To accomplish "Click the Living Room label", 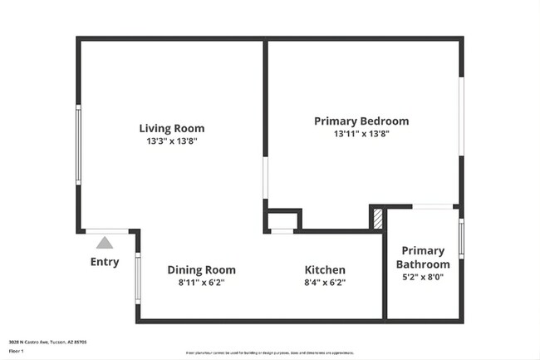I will click(x=171, y=128).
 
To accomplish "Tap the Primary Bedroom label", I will click(x=361, y=121).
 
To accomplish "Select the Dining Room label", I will click(x=201, y=270).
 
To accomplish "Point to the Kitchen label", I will click(x=325, y=270).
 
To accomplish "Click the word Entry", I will click(x=105, y=262).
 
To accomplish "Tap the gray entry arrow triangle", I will click(x=104, y=243).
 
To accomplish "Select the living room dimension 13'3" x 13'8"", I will click(x=171, y=141).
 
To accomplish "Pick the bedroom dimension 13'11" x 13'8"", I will click(x=361, y=133).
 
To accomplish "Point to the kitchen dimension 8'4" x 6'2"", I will click(x=326, y=283).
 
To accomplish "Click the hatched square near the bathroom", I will click(x=378, y=218).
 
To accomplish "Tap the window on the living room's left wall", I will click(x=79, y=145).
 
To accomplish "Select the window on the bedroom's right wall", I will click(x=461, y=116).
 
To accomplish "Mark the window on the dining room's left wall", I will click(x=138, y=279).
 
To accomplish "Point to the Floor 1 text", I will click(x=16, y=350).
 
